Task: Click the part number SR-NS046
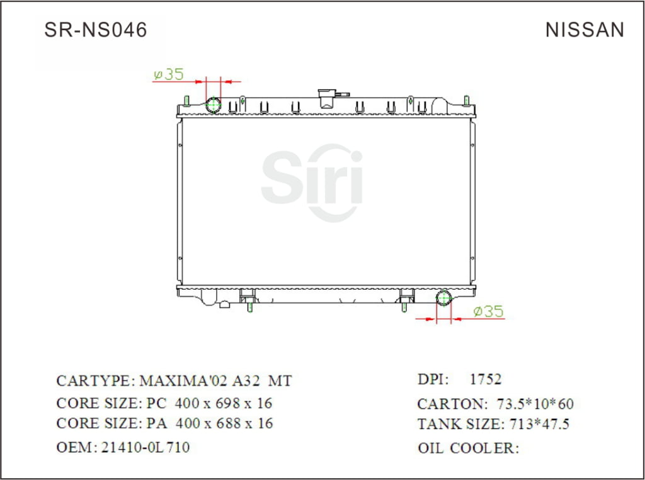[x=95, y=30]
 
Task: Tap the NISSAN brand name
[x=585, y=30]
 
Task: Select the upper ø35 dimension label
[x=168, y=74]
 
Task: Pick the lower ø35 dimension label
[x=488, y=311]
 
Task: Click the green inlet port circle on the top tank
[x=214, y=105]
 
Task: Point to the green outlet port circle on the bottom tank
[x=444, y=299]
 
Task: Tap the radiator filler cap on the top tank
[x=328, y=98]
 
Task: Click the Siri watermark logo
[x=312, y=183]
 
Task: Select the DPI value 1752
[x=486, y=379]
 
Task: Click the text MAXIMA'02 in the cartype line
[x=176, y=380]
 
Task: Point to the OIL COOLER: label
[x=468, y=448]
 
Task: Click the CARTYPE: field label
[x=94, y=380]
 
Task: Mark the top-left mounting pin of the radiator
[x=187, y=100]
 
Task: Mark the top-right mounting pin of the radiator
[x=466, y=100]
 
